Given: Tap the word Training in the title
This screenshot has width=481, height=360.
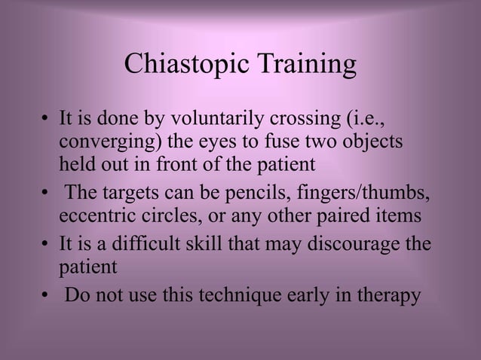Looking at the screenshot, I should (305, 66).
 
